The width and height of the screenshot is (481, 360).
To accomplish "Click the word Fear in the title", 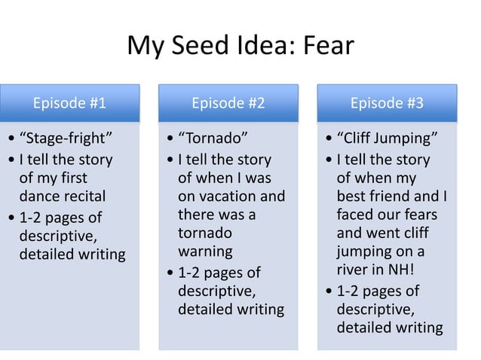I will (x=327, y=47).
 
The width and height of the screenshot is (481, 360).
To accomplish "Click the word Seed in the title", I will (x=203, y=47).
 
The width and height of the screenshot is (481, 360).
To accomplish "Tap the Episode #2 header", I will (x=228, y=103).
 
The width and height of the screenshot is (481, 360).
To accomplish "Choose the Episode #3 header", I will (x=387, y=103).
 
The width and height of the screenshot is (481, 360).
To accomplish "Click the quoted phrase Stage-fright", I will (x=69, y=139).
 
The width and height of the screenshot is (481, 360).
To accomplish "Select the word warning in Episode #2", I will (x=205, y=252).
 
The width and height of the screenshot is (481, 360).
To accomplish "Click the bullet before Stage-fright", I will (x=9, y=140).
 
